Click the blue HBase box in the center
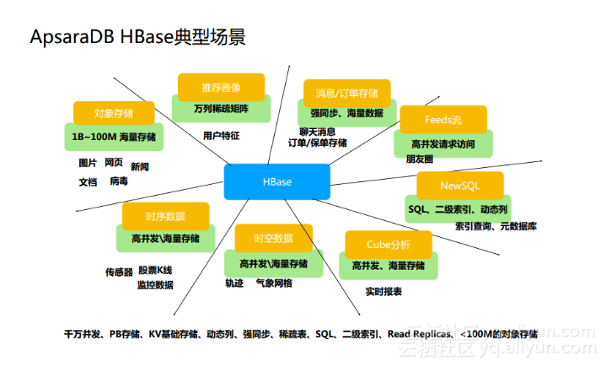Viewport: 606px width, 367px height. tap(276, 181)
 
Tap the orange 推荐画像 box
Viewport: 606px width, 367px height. tap(221, 88)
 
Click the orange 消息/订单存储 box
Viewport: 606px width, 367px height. tap(346, 92)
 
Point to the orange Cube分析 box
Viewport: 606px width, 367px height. tap(388, 245)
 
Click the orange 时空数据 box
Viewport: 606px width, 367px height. tap(272, 238)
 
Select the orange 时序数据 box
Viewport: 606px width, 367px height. tap(164, 216)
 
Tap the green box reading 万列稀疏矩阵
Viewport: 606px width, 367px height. tap(221, 109)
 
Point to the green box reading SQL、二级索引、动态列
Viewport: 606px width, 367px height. tap(458, 208)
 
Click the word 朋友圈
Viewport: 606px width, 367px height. tap(419, 159)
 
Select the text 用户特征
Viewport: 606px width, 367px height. tap(221, 135)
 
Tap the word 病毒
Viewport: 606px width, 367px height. tap(119, 181)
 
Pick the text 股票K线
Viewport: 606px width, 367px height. tap(155, 271)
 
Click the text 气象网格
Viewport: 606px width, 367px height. tap(274, 283)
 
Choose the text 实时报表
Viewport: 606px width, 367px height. tap(383, 291)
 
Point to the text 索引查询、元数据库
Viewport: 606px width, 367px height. tap(496, 226)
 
